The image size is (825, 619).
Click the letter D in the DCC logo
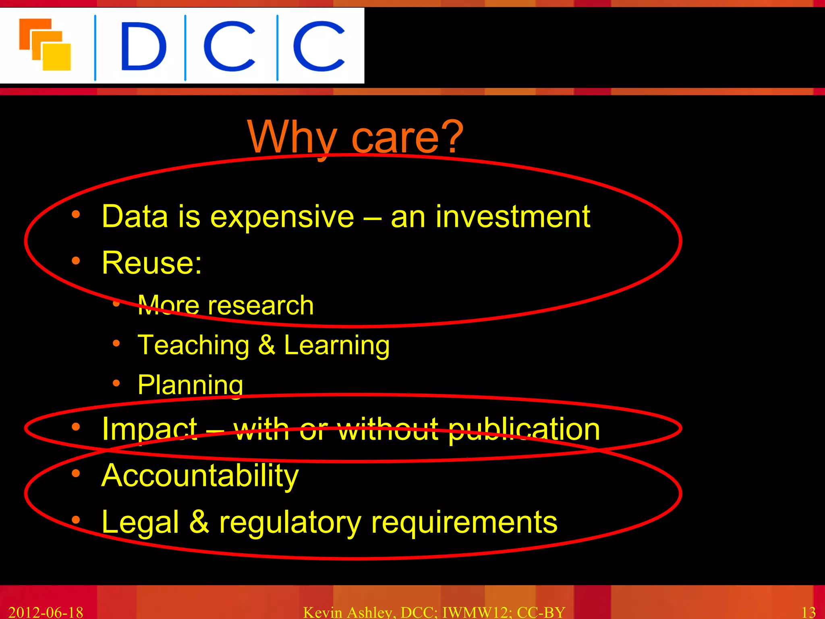(x=143, y=46)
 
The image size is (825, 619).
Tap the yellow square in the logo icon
(x=57, y=57)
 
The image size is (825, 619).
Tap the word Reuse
(x=151, y=263)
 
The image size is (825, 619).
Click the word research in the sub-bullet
(x=261, y=305)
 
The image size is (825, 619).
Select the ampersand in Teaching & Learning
(x=266, y=345)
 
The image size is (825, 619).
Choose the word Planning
(x=190, y=385)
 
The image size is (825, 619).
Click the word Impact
(x=149, y=429)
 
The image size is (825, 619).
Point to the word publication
(x=524, y=430)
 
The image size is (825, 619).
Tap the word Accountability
(x=200, y=476)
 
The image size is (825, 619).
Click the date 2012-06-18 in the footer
(x=46, y=612)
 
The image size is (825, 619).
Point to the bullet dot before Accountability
(x=76, y=474)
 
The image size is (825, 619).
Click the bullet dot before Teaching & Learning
(x=116, y=343)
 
